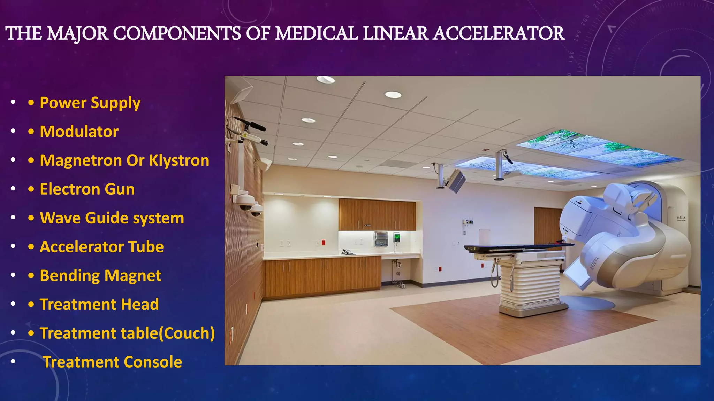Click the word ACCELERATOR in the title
point(499,34)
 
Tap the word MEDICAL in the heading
point(316,34)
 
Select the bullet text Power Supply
point(90,103)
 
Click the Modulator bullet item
point(79,132)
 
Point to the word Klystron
point(179,160)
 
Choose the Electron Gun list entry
point(87,189)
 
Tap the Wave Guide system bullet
point(112,218)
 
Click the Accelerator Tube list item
point(101,247)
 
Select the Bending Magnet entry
point(100,276)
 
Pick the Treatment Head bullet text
point(99,305)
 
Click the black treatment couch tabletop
point(516,247)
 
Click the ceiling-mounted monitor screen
point(457,181)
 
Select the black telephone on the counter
point(347,252)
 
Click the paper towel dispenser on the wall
point(380,239)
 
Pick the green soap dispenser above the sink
point(397,238)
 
